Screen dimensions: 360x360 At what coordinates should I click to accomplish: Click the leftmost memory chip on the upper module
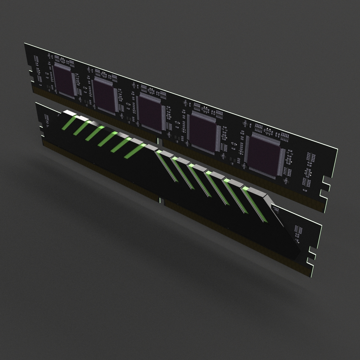(x=63, y=80)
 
